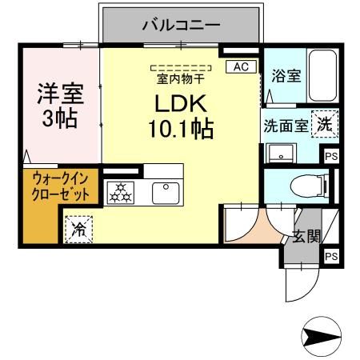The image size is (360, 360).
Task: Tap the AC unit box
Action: point(240,67)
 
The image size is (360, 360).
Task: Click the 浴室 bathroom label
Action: point(286,76)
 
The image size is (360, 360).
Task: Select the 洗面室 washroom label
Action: point(286,126)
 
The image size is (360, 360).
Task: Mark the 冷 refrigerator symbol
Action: point(80,230)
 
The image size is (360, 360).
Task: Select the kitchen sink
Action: point(166,191)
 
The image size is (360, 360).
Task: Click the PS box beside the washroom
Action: point(329,157)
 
